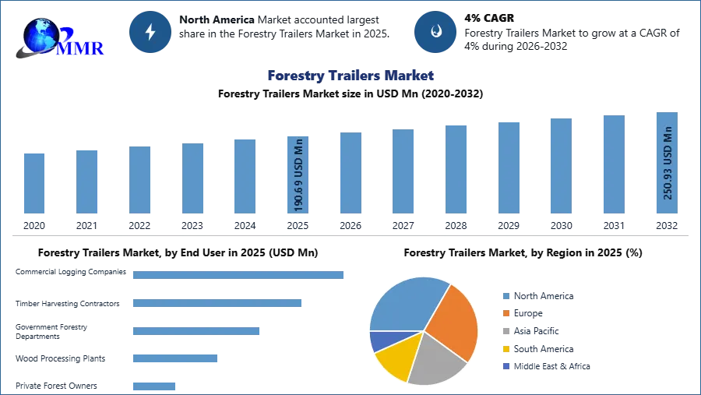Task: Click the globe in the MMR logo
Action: click(41, 34)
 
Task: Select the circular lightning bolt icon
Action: click(150, 32)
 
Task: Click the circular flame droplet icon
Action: click(435, 32)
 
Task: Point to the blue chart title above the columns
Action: click(350, 76)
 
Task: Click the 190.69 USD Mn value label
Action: click(298, 175)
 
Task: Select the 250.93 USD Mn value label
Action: click(667, 164)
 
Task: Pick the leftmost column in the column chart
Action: click(34, 183)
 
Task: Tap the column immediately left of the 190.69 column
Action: click(243, 177)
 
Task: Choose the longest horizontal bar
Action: click(239, 274)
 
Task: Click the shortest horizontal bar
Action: click(155, 386)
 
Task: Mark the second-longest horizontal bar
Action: click(217, 305)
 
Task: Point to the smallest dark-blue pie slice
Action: click(379, 340)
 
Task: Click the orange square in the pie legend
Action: click(505, 313)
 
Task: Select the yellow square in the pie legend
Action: click(505, 349)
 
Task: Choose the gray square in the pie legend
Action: click(505, 331)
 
